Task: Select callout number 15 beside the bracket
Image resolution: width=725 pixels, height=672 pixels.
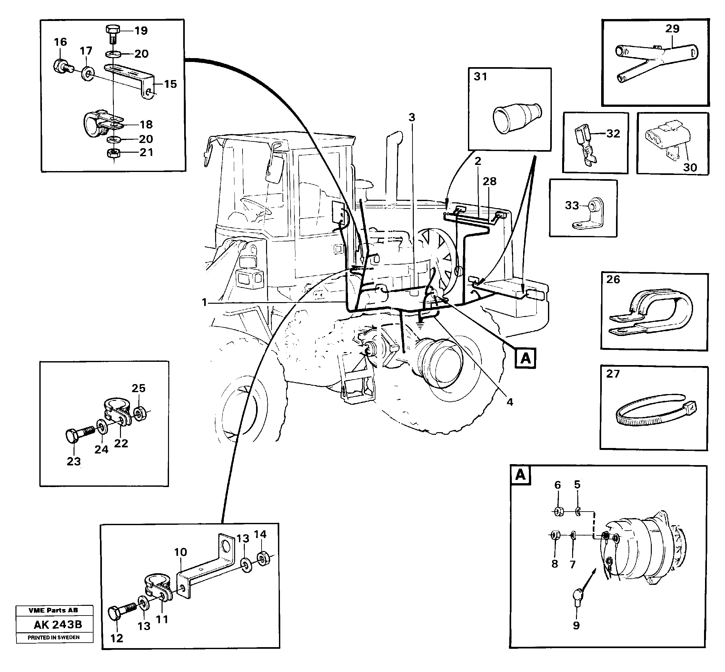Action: click(170, 84)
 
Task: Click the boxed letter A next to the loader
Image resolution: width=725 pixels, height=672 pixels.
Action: click(525, 359)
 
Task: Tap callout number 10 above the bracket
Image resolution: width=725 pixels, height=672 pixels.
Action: click(180, 552)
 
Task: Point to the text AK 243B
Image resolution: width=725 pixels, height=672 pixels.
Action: click(58, 625)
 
